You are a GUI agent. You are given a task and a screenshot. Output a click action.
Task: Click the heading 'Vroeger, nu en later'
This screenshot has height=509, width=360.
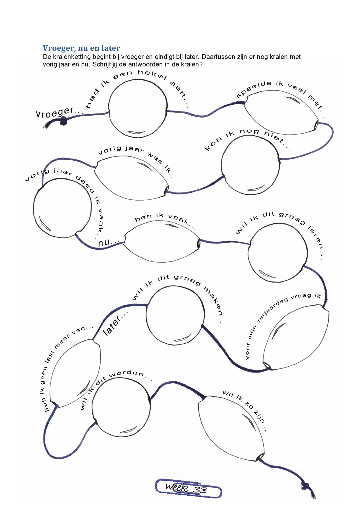81,48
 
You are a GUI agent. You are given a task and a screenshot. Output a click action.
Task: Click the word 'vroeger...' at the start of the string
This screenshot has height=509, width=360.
55,112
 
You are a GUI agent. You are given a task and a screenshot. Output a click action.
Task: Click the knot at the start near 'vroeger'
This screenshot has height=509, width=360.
63,121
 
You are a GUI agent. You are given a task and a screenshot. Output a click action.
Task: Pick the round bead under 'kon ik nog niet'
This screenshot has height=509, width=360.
251,165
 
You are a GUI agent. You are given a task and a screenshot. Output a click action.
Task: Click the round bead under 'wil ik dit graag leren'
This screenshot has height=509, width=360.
278,252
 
